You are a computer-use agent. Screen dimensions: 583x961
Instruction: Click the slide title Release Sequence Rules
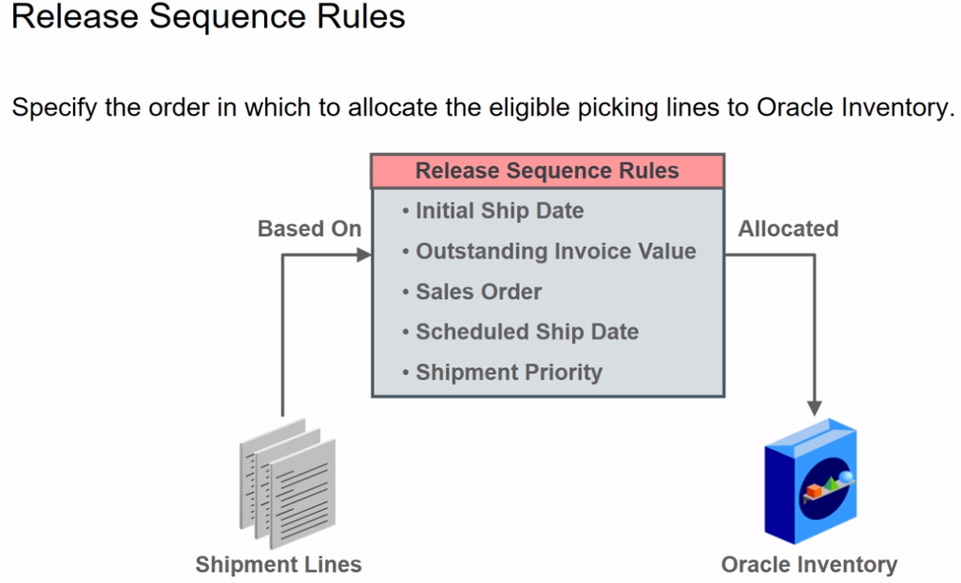(208, 18)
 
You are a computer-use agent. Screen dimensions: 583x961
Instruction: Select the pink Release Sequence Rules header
(547, 171)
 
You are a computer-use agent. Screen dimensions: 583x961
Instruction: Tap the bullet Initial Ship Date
(498, 211)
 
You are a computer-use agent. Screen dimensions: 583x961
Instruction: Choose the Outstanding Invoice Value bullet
(555, 252)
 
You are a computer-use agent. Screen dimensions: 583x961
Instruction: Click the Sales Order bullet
(477, 291)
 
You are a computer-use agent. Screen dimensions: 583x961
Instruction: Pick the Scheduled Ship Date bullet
(526, 332)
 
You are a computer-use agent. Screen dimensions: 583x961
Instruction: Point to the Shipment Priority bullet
(508, 372)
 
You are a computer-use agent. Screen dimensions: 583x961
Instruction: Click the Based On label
(309, 229)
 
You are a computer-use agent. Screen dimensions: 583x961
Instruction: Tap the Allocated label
(788, 229)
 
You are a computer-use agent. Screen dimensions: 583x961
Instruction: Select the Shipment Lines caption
(279, 565)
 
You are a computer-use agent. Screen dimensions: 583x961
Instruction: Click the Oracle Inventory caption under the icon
(809, 565)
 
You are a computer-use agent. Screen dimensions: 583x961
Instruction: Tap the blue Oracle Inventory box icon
(811, 484)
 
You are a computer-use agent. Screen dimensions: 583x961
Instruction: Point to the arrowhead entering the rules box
(362, 254)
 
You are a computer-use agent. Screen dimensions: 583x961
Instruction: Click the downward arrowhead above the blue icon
(814, 406)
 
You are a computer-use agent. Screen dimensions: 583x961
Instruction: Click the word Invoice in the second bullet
(594, 252)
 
